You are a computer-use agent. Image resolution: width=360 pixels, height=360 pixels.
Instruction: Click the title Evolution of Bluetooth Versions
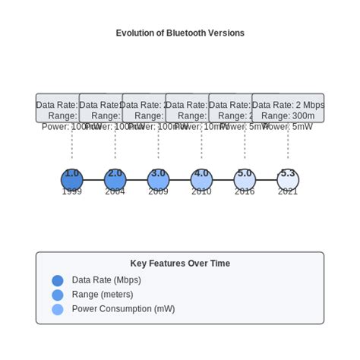coord(180,33)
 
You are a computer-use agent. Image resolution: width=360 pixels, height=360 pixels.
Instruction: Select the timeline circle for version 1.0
coord(72,181)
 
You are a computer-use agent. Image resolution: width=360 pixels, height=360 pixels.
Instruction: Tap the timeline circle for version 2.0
coord(115,181)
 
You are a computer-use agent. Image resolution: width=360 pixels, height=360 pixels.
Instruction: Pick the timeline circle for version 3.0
coord(158,181)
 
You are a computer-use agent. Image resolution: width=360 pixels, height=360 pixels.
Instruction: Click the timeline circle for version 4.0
coord(201,181)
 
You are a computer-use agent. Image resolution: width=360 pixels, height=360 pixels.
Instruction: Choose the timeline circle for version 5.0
coord(245,181)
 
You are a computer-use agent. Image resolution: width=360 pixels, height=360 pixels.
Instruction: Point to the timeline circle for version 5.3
coord(288,181)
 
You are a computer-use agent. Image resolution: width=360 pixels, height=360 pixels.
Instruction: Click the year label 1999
coord(72,192)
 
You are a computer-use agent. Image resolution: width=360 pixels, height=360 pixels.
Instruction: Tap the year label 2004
coord(115,192)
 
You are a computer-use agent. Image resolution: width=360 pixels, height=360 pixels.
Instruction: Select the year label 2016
coord(245,192)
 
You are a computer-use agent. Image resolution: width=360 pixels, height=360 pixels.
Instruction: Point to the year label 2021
coord(288,192)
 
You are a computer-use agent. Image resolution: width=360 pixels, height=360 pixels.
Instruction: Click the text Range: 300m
coord(288,116)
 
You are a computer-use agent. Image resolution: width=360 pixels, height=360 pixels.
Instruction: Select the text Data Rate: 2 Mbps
coord(288,106)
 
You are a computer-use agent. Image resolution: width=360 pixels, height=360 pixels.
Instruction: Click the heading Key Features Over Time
coord(180,264)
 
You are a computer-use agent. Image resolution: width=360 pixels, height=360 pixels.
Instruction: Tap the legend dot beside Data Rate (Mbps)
coord(58,280)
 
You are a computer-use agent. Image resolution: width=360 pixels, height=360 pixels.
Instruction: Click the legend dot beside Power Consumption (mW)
coord(58,309)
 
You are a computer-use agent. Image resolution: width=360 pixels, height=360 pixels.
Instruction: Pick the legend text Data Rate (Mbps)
coord(106,280)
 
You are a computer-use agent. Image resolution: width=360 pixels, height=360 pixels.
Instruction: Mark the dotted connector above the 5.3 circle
coord(288,148)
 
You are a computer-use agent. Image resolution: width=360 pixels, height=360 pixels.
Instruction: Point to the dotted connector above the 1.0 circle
coord(72,148)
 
